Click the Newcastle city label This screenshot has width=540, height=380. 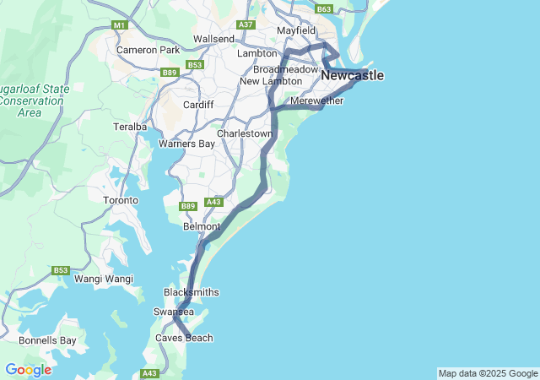(352, 76)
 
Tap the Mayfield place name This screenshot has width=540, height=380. (296, 30)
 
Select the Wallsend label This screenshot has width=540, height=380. (213, 39)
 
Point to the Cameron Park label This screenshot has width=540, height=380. (148, 50)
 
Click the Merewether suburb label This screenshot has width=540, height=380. (316, 101)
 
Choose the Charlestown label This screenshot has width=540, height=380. (245, 133)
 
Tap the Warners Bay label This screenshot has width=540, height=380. (186, 144)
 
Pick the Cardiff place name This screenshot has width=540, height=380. (199, 105)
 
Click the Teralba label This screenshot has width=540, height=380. (130, 127)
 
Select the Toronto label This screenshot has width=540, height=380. (120, 200)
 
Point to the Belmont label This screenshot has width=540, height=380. (202, 226)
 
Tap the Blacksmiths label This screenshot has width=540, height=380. (191, 292)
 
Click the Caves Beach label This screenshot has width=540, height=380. (184, 338)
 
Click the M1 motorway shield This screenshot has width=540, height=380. (119, 25)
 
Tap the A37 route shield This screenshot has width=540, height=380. (246, 25)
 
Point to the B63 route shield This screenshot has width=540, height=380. (324, 8)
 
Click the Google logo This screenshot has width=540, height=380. (28, 370)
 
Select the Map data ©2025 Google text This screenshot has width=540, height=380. (488, 373)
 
